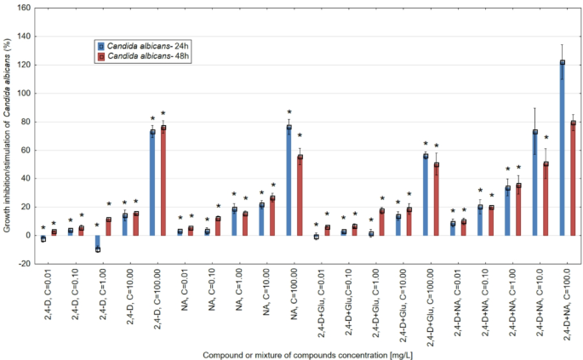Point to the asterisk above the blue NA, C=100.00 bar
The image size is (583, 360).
pyautogui.click(x=289, y=112)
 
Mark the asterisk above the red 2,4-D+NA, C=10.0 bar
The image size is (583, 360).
pyautogui.click(x=546, y=138)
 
